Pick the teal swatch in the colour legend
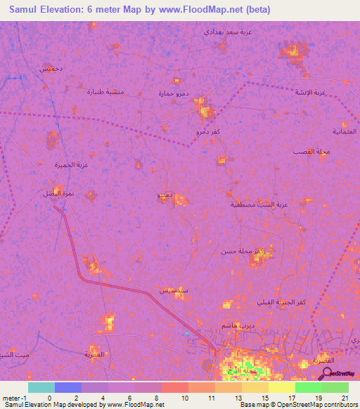[x=41, y=387]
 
